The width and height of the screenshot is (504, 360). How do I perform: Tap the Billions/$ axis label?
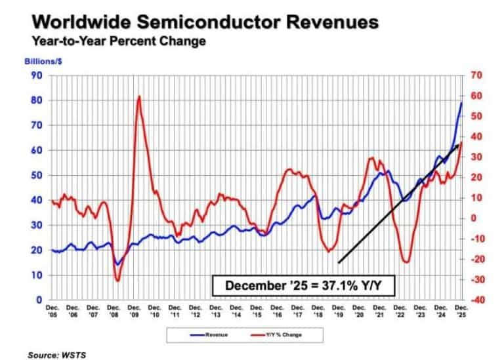[x=41, y=62]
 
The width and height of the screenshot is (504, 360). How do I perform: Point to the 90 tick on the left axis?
[x=37, y=75]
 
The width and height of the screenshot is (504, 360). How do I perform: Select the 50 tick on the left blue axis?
[x=37, y=176]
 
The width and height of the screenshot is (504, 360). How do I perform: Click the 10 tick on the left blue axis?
[x=37, y=275]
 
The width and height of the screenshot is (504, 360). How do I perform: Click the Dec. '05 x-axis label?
[x=52, y=310]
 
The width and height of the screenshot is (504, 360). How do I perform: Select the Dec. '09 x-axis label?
[x=134, y=310]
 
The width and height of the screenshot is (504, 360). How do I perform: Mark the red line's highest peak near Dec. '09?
[x=138, y=97]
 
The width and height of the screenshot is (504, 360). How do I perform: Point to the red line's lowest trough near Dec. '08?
[x=117, y=281]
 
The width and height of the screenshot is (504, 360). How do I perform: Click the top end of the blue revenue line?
[x=461, y=103]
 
